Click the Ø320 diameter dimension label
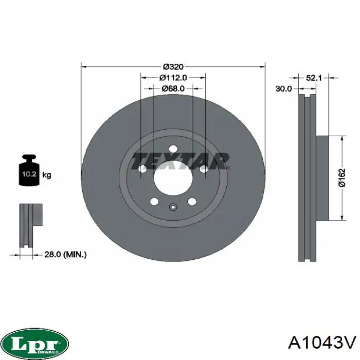(x=173, y=67)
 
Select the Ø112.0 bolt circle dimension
(x=173, y=78)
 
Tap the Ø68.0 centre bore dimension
(x=173, y=88)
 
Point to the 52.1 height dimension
(x=314, y=78)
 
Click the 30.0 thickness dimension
(x=283, y=88)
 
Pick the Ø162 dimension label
(x=342, y=178)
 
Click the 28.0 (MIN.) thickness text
(x=65, y=255)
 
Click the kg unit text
(x=47, y=175)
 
